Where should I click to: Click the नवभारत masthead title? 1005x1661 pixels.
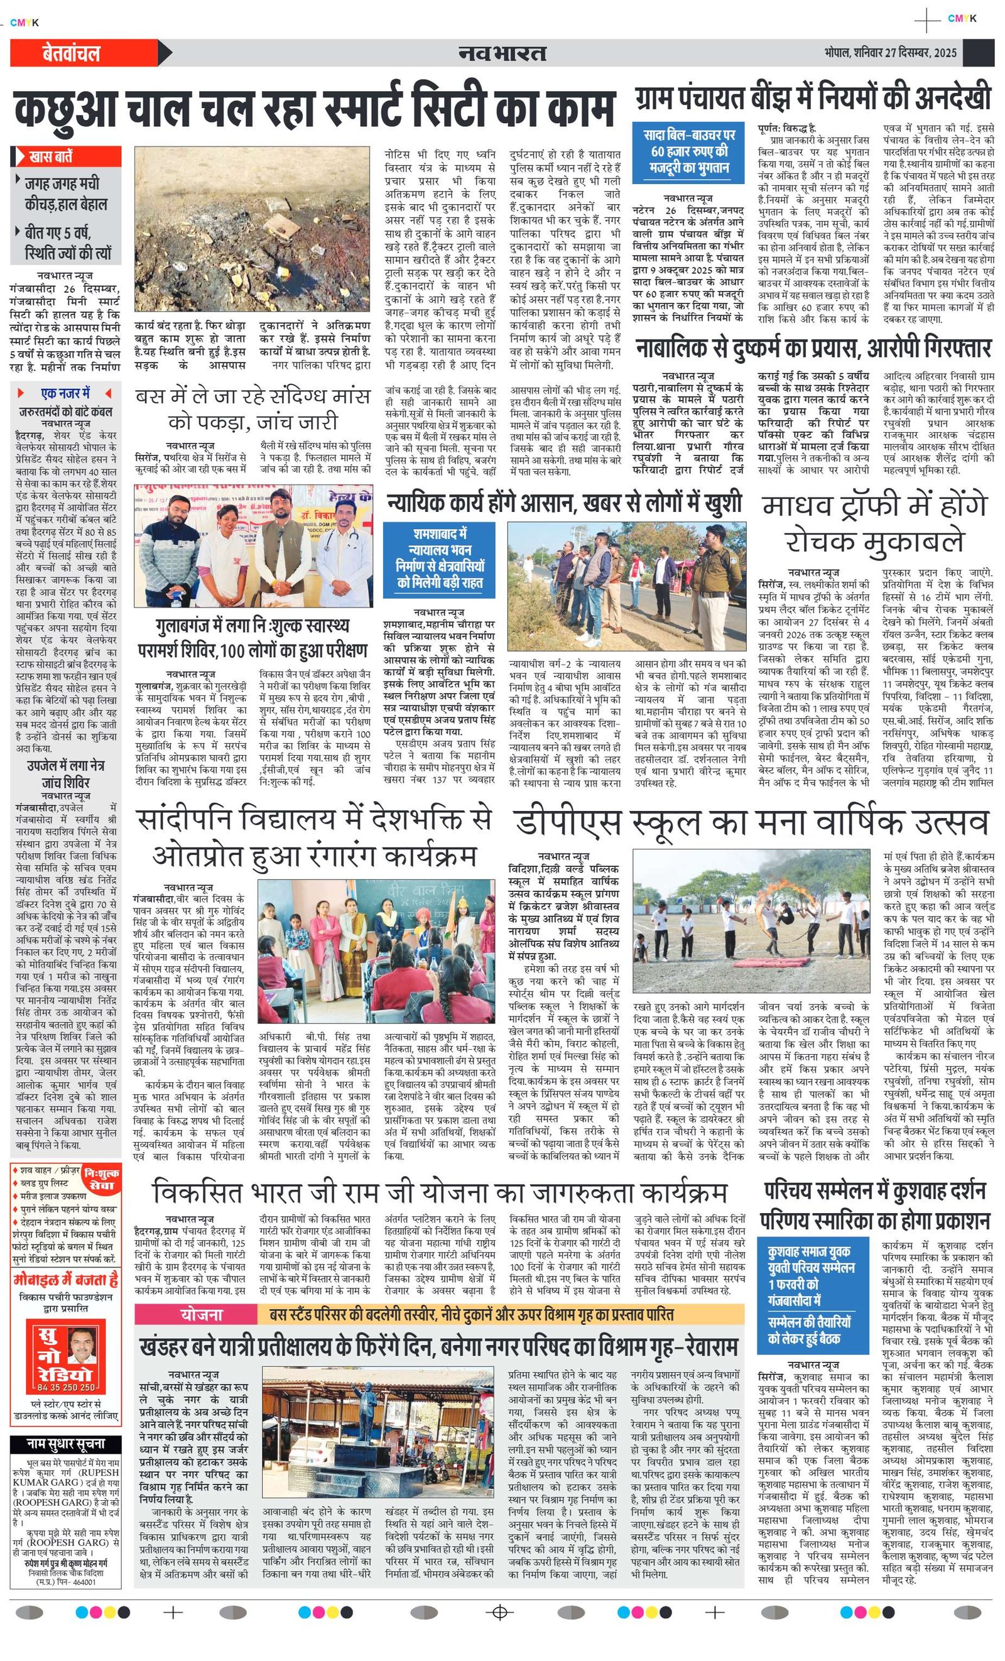click(x=502, y=53)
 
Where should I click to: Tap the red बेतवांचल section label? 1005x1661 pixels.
click(x=70, y=53)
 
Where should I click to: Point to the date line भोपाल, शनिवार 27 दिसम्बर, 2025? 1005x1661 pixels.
click(x=889, y=53)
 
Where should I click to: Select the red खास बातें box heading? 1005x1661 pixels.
click(x=52, y=157)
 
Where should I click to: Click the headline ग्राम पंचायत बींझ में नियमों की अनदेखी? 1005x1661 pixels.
click(x=813, y=98)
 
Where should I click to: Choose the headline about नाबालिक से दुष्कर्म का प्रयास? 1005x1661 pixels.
click(x=813, y=349)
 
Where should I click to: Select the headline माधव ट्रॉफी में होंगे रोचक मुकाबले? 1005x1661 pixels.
click(x=874, y=523)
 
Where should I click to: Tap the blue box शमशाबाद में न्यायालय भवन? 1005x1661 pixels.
click(x=440, y=558)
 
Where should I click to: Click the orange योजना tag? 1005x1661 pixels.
click(x=201, y=1314)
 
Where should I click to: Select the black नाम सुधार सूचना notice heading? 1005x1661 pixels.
click(x=65, y=1444)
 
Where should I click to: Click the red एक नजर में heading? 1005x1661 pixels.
click(x=65, y=393)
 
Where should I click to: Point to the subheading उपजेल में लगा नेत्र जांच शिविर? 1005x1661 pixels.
click(x=65, y=775)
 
